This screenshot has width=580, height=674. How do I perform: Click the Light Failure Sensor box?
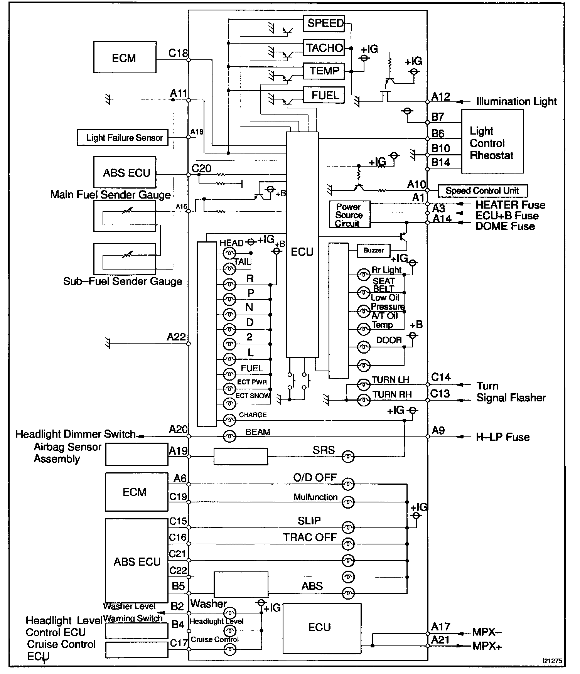point(123,138)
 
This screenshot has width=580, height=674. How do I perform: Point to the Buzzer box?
point(373,251)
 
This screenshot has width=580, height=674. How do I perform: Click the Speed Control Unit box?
point(482,190)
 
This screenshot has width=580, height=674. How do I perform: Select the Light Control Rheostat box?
point(492,141)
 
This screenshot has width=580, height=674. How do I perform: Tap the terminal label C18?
point(178,53)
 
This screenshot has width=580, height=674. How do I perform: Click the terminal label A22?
point(176,337)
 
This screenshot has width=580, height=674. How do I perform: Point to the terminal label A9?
point(438,430)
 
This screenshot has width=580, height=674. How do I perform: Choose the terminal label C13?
point(440,394)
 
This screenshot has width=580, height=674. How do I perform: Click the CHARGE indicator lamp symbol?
point(229,420)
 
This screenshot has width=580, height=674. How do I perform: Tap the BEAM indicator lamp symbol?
point(229,436)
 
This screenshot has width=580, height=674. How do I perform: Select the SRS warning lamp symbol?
point(348,457)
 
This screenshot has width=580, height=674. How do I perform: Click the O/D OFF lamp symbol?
point(348,484)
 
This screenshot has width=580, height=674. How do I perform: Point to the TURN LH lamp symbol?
point(363,384)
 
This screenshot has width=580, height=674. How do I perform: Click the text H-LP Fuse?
point(503,437)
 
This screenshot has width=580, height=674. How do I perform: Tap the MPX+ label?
point(487,646)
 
